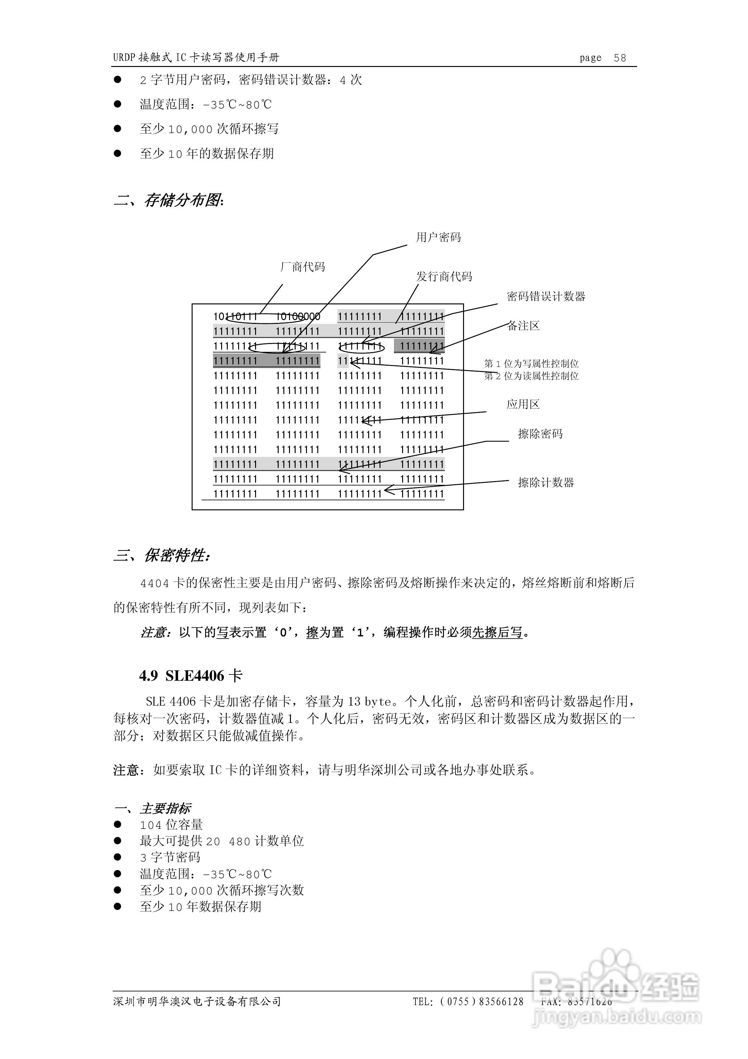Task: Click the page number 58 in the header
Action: (x=620, y=58)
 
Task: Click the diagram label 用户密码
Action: (x=438, y=237)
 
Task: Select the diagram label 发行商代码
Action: (x=444, y=276)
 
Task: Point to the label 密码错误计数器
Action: (x=546, y=296)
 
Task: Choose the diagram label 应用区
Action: (x=523, y=404)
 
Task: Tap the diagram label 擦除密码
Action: (x=540, y=434)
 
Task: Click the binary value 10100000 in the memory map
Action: (x=298, y=316)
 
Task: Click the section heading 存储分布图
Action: (x=183, y=200)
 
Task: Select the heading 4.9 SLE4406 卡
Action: (x=190, y=676)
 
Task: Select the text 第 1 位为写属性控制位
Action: (x=531, y=363)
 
